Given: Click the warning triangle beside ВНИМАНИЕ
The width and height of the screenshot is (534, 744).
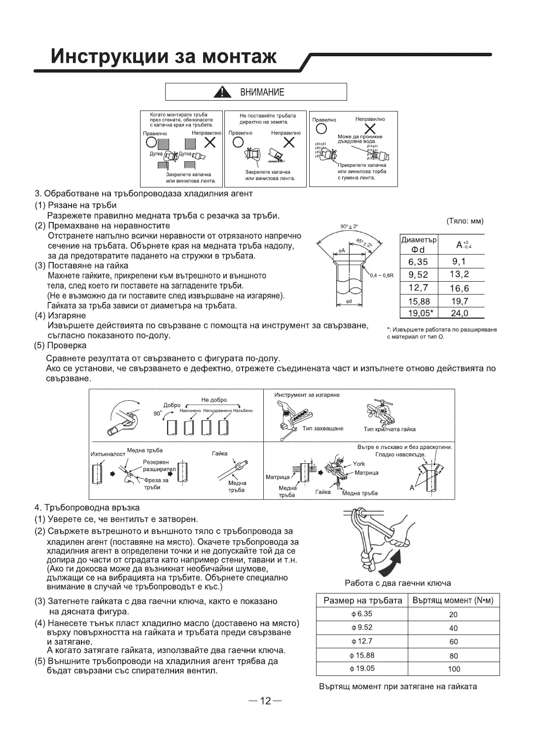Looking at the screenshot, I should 224,92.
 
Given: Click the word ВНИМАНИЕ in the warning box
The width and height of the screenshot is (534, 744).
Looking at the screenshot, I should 262,92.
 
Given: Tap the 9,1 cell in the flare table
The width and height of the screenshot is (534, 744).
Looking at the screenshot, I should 458,261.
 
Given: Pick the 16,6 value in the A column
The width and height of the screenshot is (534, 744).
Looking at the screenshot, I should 459,288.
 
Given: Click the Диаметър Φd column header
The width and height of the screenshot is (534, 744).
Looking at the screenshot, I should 419,245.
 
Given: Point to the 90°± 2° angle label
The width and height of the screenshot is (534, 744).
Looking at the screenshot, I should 349,226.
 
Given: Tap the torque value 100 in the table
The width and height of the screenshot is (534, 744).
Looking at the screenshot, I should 454,669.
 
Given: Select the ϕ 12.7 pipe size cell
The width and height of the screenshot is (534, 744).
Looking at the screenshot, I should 361,641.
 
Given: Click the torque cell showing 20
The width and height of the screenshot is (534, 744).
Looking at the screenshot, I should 454,614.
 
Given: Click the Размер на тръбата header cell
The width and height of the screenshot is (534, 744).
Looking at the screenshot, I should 362,600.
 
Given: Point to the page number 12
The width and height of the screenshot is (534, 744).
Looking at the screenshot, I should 266,701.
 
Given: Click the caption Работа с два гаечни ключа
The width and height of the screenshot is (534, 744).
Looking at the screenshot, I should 397,583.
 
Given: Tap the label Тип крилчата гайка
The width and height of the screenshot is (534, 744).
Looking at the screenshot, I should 390,429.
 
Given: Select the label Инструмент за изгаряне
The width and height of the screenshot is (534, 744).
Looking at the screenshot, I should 307,395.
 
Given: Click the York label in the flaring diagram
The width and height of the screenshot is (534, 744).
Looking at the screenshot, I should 358,464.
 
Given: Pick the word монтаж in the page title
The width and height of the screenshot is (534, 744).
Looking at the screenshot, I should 239,57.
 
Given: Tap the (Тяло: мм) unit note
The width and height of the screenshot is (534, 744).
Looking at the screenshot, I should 464,221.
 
